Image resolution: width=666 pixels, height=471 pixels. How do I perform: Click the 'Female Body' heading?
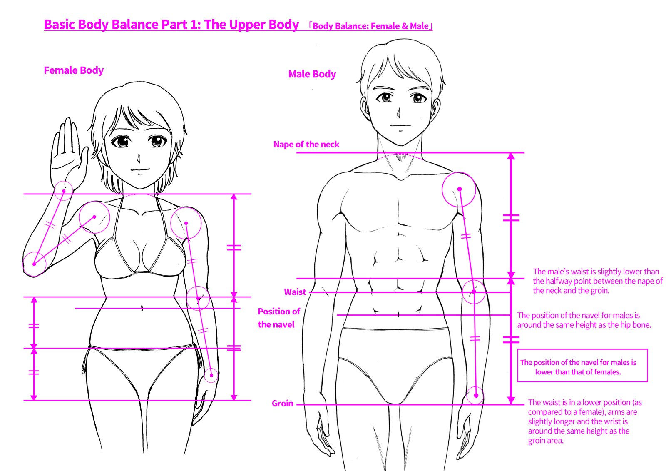click(x=74, y=70)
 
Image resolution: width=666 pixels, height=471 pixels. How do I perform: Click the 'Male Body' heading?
click(x=312, y=74)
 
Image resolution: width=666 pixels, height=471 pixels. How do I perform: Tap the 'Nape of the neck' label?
click(x=306, y=145)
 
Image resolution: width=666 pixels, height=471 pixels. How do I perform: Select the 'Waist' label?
click(x=295, y=292)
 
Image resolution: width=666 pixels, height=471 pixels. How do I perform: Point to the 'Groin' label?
click(x=282, y=404)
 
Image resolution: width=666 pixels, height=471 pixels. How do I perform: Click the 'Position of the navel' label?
click(x=278, y=318)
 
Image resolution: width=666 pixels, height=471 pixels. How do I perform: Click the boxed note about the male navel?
click(x=582, y=366)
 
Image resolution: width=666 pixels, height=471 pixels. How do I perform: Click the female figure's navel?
click(x=142, y=308)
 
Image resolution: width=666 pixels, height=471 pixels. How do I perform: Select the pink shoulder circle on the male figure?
click(x=459, y=189)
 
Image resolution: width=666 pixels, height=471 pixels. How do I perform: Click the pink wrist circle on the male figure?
click(x=475, y=395)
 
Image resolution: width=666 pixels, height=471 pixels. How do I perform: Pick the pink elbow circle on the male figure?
click(x=474, y=292)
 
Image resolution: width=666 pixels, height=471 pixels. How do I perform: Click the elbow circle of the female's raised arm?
click(x=34, y=264)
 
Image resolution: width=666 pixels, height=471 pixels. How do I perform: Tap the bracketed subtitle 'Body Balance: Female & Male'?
click(x=370, y=26)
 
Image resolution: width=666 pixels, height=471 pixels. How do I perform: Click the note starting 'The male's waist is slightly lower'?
click(x=597, y=281)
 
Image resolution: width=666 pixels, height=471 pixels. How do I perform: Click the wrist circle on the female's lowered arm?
click(x=211, y=375)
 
